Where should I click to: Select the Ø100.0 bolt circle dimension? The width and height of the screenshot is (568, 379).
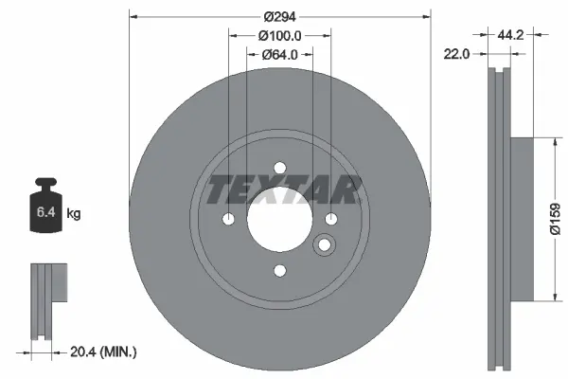(x=279, y=36)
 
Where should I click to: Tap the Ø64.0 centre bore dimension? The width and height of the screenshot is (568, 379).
(x=279, y=54)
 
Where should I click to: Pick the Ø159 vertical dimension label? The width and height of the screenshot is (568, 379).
(x=557, y=218)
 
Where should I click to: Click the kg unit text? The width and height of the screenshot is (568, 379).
(x=74, y=214)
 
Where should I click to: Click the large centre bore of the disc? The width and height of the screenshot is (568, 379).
(x=279, y=220)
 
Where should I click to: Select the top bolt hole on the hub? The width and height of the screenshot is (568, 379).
(x=279, y=169)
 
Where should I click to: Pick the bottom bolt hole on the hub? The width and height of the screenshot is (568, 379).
(x=279, y=272)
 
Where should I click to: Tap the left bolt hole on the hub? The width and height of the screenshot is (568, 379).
(x=228, y=220)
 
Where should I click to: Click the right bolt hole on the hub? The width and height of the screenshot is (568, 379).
(x=331, y=220)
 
